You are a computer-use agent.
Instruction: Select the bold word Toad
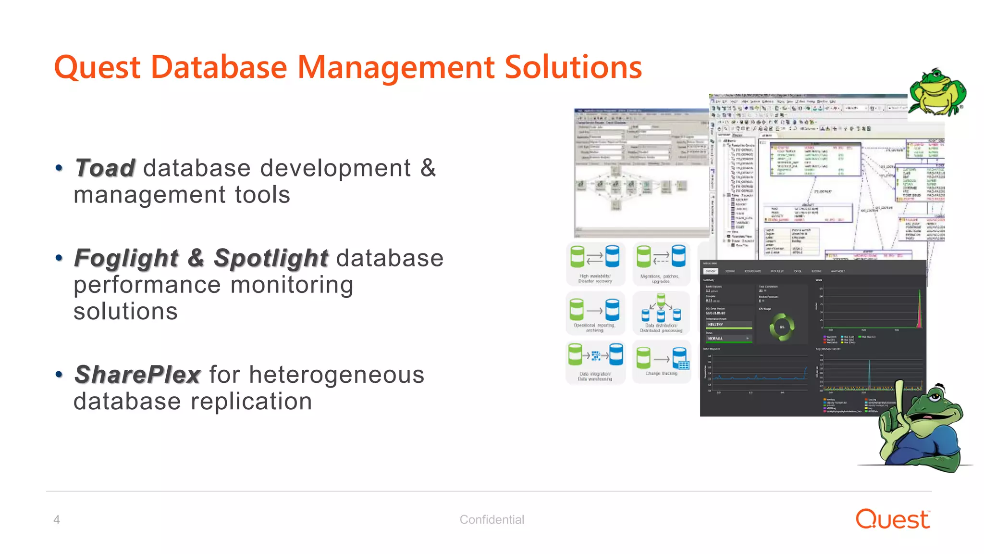click(x=105, y=168)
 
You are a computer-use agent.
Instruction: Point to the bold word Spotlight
click(x=271, y=258)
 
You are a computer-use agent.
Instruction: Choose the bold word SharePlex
click(x=137, y=375)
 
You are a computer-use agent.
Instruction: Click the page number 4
click(x=57, y=520)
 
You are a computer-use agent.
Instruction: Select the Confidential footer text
click(x=492, y=520)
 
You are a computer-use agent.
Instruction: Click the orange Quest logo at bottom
click(x=892, y=519)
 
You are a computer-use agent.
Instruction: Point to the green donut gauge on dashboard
click(x=782, y=327)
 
